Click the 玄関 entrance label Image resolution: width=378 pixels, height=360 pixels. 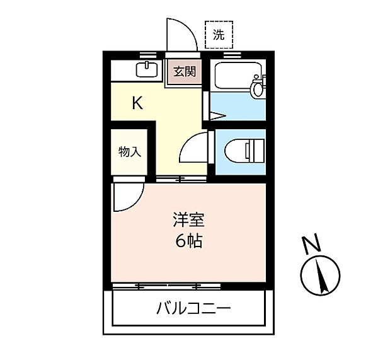(x=185, y=71)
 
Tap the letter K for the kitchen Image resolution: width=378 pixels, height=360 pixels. (x=137, y=103)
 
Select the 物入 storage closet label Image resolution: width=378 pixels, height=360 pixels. (x=130, y=152)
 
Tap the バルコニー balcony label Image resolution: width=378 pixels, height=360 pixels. (x=193, y=309)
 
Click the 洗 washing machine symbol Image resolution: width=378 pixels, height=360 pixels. (x=218, y=36)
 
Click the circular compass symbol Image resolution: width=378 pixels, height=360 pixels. (x=321, y=276)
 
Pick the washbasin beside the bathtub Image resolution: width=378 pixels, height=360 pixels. (x=258, y=88)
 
